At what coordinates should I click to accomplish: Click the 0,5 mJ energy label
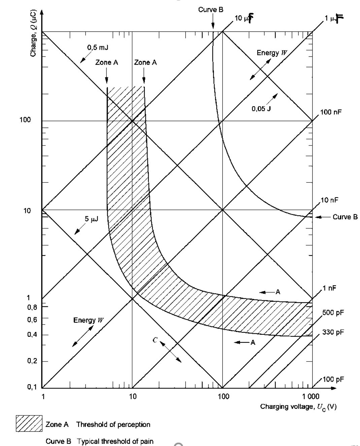tap(98, 48)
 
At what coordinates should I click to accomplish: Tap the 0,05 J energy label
tap(261, 109)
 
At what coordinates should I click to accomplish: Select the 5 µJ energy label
tap(91, 219)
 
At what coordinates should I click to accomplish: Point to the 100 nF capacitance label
tap(331, 112)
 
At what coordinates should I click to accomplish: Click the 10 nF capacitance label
tap(329, 200)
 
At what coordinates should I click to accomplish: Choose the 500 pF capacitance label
tap(333, 313)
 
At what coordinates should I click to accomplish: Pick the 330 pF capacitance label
tap(333, 332)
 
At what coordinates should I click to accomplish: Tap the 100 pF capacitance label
tap(333, 380)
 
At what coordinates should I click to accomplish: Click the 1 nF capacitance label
tap(329, 288)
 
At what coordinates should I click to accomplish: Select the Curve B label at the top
tap(210, 10)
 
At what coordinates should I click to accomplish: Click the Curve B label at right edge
tap(345, 217)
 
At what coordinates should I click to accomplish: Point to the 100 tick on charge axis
tap(25, 120)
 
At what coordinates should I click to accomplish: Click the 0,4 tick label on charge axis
tap(32, 335)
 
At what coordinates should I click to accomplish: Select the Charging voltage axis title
tap(298, 407)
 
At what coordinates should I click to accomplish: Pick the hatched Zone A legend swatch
tap(29, 423)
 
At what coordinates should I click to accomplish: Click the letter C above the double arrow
tap(155, 340)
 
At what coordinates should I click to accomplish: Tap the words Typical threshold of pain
tap(115, 441)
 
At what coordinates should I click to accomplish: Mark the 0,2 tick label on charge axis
tap(32, 361)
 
